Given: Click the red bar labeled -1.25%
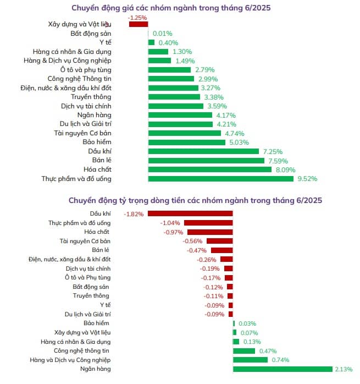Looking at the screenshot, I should [x=139, y=24].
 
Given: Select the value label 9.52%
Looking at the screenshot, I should [x=307, y=178].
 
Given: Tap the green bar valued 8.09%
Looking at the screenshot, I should [x=209, y=169].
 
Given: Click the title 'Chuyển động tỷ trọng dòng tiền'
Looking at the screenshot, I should [x=195, y=200].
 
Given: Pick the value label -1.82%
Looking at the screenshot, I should [x=134, y=213].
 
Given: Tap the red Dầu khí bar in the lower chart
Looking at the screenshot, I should [x=190, y=213].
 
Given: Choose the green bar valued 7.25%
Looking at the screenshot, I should [x=203, y=151].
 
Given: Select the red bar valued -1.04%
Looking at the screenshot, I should [x=208, y=223].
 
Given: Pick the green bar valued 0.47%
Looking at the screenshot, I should [x=244, y=350].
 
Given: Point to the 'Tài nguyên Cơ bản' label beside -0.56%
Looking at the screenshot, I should [x=85, y=241].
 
